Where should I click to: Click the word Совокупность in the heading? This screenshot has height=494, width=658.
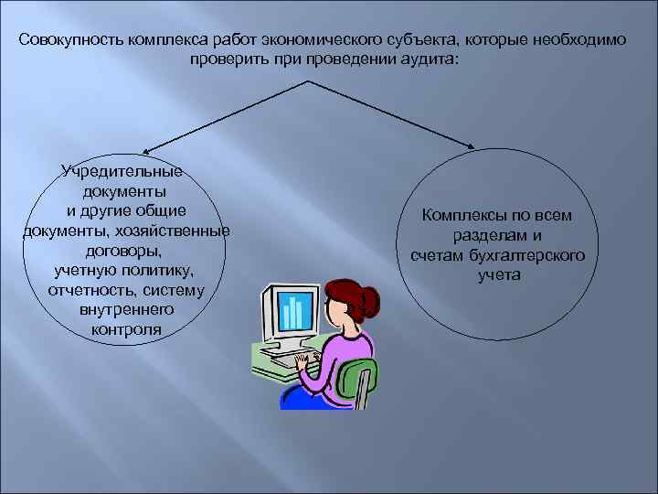(x=69, y=41)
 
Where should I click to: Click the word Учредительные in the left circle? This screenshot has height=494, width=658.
(x=122, y=171)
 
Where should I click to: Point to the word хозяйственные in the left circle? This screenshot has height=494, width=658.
(x=180, y=230)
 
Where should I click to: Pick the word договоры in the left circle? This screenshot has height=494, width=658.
(x=122, y=250)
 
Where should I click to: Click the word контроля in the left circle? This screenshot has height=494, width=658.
(x=122, y=329)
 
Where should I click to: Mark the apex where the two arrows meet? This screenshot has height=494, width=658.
(x=314, y=81)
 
